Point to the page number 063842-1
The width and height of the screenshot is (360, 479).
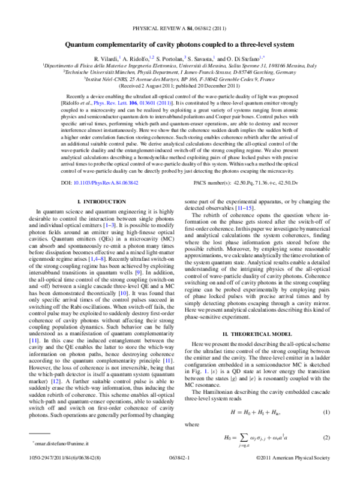(x=179, y=472)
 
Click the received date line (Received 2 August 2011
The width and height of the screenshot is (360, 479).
(x=180, y=85)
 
